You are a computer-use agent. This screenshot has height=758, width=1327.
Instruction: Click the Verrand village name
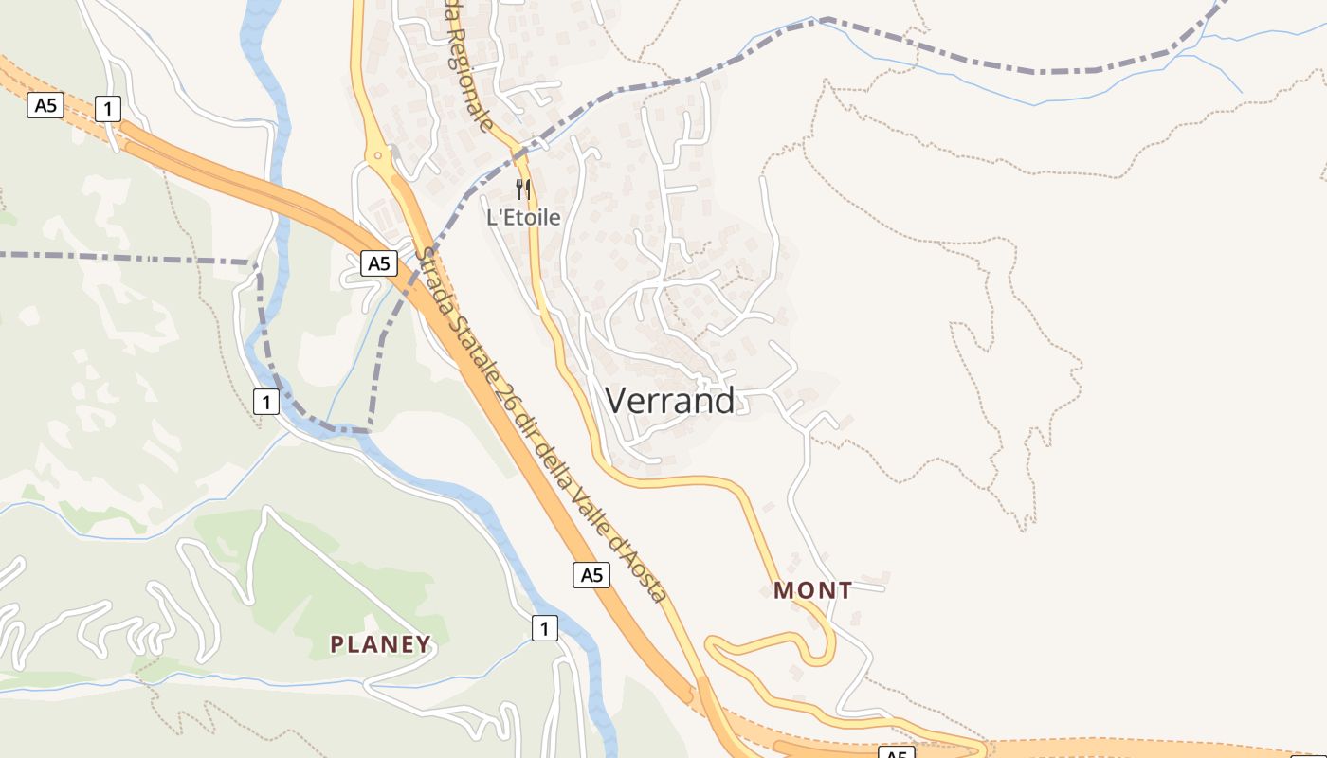pos(669,401)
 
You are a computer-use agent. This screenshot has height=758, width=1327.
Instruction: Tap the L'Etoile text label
pos(523,217)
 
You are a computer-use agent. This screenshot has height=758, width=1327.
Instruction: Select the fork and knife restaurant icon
pos(523,189)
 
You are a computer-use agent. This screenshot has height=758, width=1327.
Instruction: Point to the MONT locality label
pos(812,590)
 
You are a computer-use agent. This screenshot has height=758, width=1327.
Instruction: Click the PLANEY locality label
pos(380,644)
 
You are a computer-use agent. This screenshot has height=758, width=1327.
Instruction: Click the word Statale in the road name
pos(478,346)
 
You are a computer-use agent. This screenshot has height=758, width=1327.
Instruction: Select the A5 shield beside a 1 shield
pos(45,104)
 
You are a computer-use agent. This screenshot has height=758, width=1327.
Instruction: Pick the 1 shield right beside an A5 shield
pos(108,109)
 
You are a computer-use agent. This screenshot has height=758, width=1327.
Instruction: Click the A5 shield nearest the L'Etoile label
pos(378,263)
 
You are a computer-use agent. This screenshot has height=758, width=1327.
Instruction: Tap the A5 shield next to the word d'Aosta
pos(591,574)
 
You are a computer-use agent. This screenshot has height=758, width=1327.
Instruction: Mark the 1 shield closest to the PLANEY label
pos(544,627)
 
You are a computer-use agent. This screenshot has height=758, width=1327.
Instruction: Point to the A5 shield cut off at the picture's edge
pos(897,753)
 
